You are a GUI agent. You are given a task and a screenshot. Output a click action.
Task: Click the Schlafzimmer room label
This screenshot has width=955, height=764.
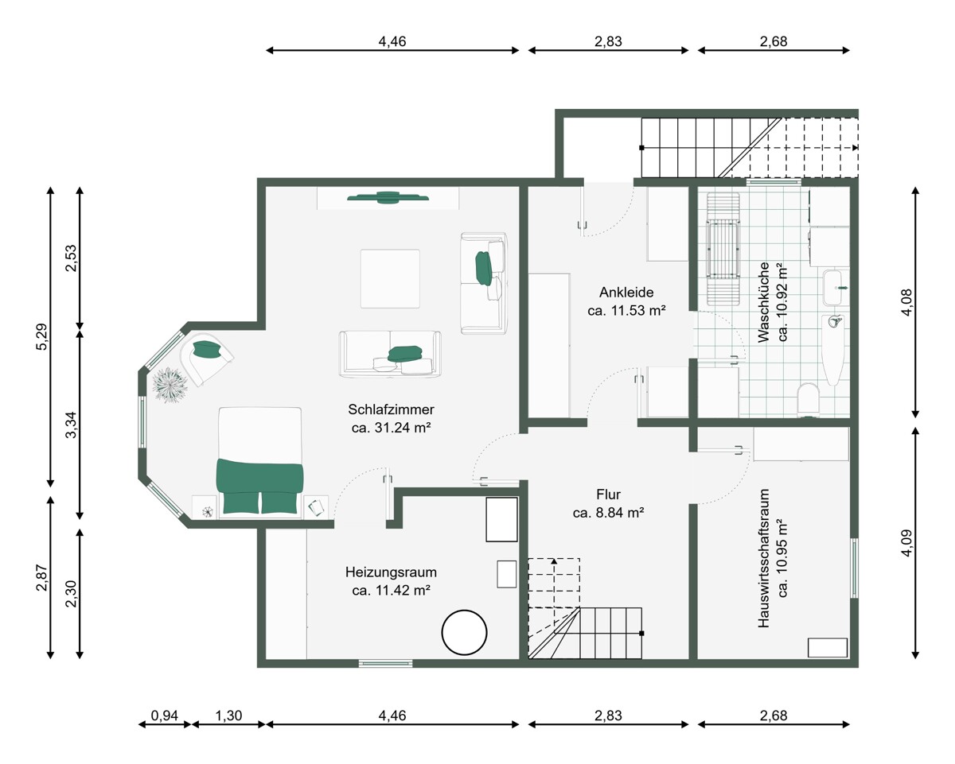click(391, 409)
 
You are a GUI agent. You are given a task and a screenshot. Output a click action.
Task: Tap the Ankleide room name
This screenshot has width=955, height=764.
click(626, 293)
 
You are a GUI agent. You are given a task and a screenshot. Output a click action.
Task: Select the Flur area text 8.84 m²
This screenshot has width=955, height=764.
click(619, 513)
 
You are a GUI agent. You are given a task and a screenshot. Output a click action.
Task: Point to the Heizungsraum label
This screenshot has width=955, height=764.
click(391, 572)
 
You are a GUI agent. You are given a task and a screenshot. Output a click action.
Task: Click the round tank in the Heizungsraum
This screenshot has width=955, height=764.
click(464, 632)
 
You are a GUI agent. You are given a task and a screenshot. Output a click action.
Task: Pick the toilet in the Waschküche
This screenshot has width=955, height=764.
click(808, 398)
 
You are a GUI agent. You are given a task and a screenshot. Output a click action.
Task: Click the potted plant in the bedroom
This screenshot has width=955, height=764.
click(170, 386)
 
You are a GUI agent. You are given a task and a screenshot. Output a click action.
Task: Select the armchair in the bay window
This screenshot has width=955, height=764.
click(207, 358)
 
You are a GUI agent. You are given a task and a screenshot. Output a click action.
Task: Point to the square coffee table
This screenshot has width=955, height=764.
click(390, 278)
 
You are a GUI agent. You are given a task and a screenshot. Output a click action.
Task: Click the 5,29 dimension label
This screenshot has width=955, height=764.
click(41, 337)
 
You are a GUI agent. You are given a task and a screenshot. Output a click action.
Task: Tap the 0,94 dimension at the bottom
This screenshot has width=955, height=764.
click(165, 716)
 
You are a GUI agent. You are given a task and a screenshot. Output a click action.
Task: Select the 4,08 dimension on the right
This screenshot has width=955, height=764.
click(906, 302)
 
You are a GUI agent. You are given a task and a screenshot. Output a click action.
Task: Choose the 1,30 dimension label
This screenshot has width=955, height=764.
click(228, 716)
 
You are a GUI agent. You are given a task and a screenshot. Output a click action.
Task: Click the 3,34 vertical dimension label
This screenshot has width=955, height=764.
click(71, 425)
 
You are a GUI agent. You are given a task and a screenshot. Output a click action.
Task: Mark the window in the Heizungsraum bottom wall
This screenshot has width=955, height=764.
click(386, 663)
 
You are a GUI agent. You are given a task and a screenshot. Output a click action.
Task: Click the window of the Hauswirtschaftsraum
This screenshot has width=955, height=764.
click(854, 568)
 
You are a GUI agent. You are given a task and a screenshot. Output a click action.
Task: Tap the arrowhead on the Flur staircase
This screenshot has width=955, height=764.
click(554, 561)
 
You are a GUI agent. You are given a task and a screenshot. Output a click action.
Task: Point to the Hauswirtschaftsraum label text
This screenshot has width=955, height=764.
click(763, 558)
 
